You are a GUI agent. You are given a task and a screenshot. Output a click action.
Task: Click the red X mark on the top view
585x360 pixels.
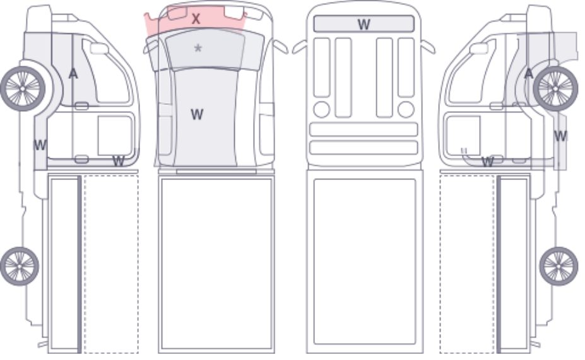pyautogui.click(x=196, y=19)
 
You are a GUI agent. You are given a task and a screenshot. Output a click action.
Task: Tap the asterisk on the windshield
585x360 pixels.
pyautogui.click(x=198, y=48)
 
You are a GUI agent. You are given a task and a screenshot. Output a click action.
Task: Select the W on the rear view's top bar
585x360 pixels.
pyautogui.click(x=363, y=24)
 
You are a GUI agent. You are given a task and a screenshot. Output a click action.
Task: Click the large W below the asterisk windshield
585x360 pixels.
pyautogui.click(x=197, y=114)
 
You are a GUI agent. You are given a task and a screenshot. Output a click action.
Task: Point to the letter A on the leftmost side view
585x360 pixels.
pyautogui.click(x=73, y=73)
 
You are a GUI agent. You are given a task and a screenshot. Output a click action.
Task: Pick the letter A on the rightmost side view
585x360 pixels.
pyautogui.click(x=529, y=73)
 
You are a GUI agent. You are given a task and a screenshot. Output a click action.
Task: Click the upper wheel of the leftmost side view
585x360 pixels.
pyautogui.click(x=23, y=89)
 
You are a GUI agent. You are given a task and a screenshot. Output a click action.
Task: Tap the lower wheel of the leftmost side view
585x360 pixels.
pyautogui.click(x=20, y=266)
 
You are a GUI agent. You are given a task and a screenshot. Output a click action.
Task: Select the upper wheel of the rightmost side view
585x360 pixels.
pyautogui.click(x=555, y=89)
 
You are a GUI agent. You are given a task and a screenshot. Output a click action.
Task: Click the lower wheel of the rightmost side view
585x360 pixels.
pyautogui.click(x=558, y=266)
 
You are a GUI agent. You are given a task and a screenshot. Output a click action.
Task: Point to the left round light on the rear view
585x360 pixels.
pyautogui.click(x=322, y=110)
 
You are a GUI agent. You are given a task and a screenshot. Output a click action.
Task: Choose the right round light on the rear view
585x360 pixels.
pyautogui.click(x=406, y=110)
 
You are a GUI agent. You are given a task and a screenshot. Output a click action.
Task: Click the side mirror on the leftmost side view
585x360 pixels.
pyautogui.click(x=99, y=49)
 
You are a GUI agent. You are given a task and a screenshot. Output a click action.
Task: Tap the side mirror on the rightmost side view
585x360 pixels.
pyautogui.click(x=479, y=49)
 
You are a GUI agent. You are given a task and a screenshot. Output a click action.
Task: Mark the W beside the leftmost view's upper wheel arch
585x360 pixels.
pyautogui.click(x=40, y=145)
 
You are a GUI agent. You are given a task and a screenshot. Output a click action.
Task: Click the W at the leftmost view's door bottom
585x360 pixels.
pyautogui.click(x=118, y=161)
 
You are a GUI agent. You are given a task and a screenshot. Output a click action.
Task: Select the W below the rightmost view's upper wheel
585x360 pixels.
pyautogui.click(x=560, y=136)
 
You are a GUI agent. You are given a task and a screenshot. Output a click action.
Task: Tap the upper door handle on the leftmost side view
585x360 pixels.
pyautogui.click(x=81, y=106)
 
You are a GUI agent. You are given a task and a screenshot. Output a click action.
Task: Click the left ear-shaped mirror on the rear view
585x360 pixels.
pyautogui.click(x=300, y=47)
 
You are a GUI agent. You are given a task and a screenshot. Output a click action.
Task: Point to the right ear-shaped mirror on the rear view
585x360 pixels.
pyautogui.click(x=428, y=47)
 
